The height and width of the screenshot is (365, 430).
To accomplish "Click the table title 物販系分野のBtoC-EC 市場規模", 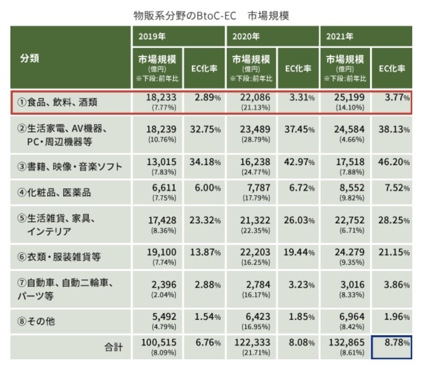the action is tap(211, 16).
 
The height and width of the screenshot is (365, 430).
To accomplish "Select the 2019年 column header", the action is tap(152, 36).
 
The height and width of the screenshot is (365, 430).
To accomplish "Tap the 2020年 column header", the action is tap(246, 36).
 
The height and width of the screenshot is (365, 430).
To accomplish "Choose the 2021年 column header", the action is tap(340, 36).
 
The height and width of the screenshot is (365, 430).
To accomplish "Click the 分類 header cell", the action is tap(29, 58).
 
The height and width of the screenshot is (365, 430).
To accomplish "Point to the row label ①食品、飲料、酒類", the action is tap(57, 102).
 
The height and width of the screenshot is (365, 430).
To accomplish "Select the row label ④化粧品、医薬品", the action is tap(54, 193).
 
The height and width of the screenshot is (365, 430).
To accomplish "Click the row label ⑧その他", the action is tap(36, 321).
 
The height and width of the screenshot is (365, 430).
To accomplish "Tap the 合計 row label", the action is tap(114, 347).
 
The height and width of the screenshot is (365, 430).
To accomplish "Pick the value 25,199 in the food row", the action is tap(350, 97).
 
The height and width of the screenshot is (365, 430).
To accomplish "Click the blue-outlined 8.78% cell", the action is tap(391, 347).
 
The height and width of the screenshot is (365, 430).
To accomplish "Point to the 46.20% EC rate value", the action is tap(394, 162).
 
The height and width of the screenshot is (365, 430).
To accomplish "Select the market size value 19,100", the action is tap(162, 252).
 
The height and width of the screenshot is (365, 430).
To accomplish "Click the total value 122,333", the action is tap(253, 342).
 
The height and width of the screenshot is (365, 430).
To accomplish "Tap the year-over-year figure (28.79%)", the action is tap(256, 139).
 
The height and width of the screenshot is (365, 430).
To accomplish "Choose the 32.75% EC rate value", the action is tap(205, 129).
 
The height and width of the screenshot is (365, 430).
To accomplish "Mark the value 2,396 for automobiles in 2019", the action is tap(164, 285).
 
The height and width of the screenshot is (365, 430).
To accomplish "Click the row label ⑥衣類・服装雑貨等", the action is tap(59, 257).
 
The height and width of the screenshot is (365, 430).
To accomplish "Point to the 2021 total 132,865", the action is tap(347, 342).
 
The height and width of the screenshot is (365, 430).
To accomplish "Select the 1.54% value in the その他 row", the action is tap(208, 317).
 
